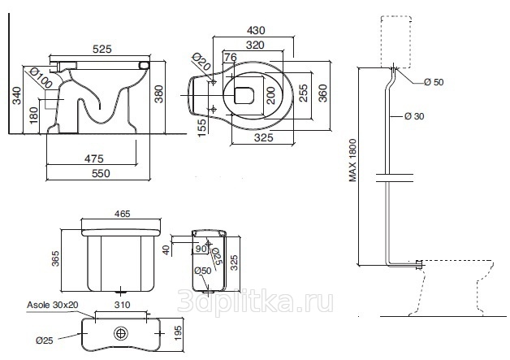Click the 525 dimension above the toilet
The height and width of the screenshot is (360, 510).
(102, 49)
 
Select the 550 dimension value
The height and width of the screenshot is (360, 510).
(101, 173)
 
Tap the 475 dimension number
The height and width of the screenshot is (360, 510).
(94, 158)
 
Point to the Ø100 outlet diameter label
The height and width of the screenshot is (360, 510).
(41, 77)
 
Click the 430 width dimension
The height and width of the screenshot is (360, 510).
(256, 30)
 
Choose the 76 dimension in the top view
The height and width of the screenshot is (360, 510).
(231, 57)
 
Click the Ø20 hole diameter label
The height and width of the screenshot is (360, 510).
(201, 62)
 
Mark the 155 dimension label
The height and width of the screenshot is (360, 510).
(201, 128)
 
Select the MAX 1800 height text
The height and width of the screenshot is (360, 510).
(352, 160)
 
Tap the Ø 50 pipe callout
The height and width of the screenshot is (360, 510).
(434, 82)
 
